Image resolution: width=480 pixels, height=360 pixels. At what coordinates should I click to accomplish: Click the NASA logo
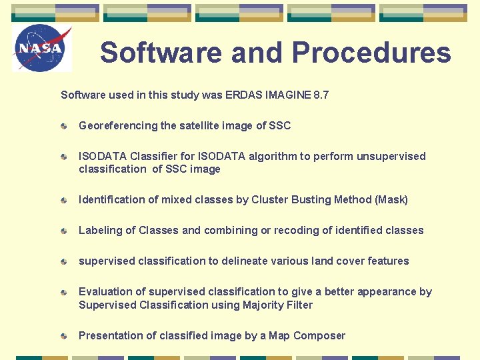41,49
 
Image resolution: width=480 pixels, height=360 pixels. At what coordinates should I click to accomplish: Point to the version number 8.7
321,95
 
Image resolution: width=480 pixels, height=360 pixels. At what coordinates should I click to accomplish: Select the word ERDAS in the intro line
244,95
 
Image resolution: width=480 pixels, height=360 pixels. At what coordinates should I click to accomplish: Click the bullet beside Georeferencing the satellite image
63,126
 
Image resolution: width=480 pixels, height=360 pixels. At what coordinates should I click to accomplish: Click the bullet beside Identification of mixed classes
63,200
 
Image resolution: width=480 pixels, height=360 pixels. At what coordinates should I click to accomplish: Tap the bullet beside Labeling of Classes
63,231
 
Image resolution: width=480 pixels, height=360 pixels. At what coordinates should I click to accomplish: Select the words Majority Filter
274,305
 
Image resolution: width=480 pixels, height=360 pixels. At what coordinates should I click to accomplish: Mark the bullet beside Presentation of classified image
63,336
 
